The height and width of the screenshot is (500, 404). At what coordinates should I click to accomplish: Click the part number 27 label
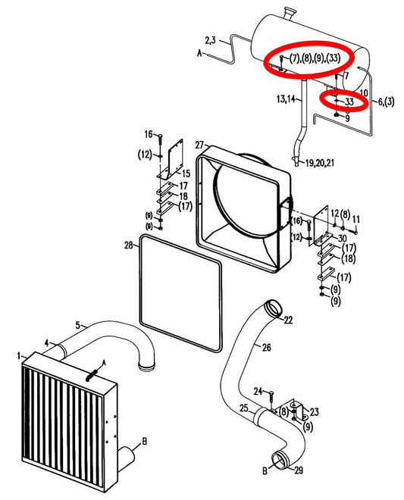click(199, 145)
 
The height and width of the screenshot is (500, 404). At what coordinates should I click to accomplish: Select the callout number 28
click(128, 245)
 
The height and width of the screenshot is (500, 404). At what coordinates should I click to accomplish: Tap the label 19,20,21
click(320, 163)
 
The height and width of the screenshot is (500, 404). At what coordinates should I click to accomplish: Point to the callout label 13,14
click(286, 98)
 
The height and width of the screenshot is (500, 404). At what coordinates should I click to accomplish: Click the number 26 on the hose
click(267, 347)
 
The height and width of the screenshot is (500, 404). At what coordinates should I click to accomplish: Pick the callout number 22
click(288, 320)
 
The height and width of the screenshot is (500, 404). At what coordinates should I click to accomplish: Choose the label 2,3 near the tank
click(210, 40)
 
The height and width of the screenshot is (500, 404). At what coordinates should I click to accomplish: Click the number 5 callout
click(78, 325)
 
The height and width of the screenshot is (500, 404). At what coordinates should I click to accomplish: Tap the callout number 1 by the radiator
click(19, 356)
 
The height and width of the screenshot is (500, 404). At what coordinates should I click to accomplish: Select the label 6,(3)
click(386, 102)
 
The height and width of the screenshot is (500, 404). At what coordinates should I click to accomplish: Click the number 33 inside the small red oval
click(349, 102)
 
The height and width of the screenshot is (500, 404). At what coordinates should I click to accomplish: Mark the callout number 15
click(186, 173)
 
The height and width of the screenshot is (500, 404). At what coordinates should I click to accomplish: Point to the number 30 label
click(342, 238)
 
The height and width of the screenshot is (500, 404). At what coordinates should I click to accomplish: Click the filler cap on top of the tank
click(290, 14)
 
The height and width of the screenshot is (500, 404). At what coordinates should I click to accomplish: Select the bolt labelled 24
click(271, 397)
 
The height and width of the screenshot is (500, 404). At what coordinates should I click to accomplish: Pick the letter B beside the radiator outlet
click(144, 442)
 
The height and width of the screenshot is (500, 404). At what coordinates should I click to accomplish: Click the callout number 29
click(299, 470)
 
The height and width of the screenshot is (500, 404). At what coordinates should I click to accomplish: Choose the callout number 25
click(244, 408)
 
